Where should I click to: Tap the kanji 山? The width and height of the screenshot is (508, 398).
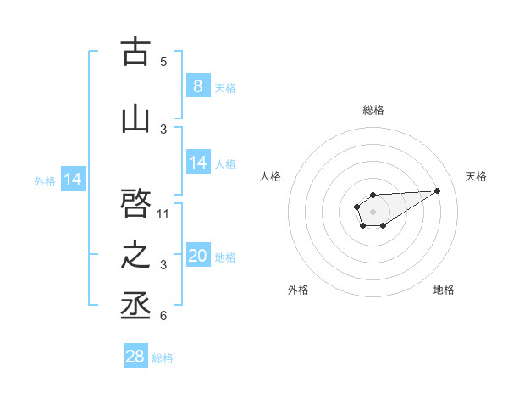click(135, 119)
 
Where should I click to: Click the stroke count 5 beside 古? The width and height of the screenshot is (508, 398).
click(163, 61)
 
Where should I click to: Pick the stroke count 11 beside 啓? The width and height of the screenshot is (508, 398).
click(164, 213)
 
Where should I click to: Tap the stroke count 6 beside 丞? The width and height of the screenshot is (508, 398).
click(163, 316)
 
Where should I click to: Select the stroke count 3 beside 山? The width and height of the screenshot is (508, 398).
click(163, 129)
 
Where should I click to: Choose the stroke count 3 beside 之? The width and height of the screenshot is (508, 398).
click(163, 265)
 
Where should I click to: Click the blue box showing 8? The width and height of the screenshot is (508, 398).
click(197, 86)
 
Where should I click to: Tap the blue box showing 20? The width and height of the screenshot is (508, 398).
click(198, 256)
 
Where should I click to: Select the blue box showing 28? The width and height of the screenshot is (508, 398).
click(135, 357)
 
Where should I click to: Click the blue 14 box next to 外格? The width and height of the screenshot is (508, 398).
click(72, 180)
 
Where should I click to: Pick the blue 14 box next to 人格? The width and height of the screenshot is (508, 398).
click(198, 163)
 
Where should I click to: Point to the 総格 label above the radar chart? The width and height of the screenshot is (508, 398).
click(373, 110)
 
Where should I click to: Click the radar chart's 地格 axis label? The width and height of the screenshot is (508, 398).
click(444, 290)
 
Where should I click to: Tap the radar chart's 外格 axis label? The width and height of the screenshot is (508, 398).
click(298, 290)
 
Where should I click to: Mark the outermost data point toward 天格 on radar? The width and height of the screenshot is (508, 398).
click(438, 190)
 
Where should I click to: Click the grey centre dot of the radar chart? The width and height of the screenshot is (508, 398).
click(373, 210)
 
